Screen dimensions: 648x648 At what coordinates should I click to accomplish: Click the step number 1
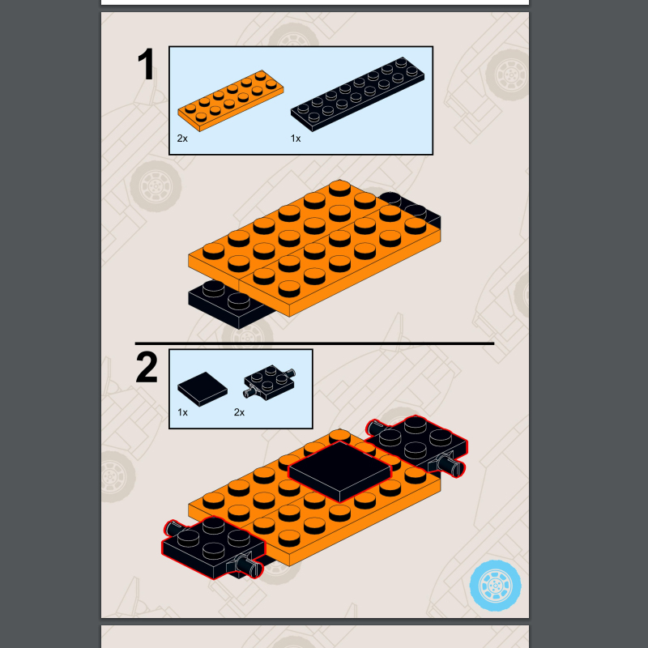pos(147,65)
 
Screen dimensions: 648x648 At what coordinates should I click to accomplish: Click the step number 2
pos(147,367)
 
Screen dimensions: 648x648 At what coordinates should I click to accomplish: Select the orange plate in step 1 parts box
pos(231,100)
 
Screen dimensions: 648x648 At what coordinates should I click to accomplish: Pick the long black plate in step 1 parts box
pos(357,94)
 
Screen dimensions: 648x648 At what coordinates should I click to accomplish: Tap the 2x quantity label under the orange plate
pos(182,139)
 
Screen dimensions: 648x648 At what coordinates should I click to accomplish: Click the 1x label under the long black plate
pos(296,139)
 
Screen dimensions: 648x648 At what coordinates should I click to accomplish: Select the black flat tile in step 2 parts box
pos(202,389)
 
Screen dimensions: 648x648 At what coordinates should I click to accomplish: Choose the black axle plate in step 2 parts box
pos(270,382)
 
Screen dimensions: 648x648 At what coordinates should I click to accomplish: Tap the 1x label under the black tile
pos(182,412)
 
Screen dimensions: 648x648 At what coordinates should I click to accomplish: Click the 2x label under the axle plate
pos(239,412)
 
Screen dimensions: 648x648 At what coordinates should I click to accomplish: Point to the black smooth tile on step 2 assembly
pos(339,471)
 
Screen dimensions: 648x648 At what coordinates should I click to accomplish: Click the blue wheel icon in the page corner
pos(495,586)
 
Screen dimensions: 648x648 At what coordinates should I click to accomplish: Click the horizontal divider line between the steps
pos(314,343)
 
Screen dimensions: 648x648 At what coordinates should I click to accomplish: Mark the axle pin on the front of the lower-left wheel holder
pos(250,565)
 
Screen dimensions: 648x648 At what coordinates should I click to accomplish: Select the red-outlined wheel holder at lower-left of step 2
pos(214,548)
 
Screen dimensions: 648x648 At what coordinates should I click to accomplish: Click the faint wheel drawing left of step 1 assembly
pos(156,186)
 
